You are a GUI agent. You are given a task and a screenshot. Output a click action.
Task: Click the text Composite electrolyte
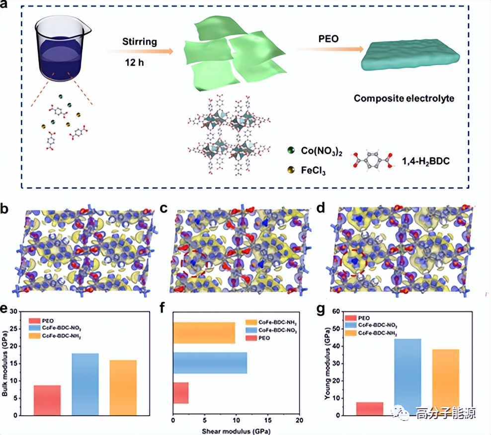(404, 98)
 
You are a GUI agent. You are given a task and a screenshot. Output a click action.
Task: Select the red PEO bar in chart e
(47, 400)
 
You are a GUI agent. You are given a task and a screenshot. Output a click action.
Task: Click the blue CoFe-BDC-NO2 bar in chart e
(85, 384)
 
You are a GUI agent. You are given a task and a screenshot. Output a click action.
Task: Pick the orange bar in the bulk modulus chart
(123, 387)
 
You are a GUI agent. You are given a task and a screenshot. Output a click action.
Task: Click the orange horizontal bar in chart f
(204, 333)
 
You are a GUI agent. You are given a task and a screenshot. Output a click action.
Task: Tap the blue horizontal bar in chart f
(210, 362)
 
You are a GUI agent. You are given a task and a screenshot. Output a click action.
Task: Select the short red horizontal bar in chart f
(180, 393)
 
